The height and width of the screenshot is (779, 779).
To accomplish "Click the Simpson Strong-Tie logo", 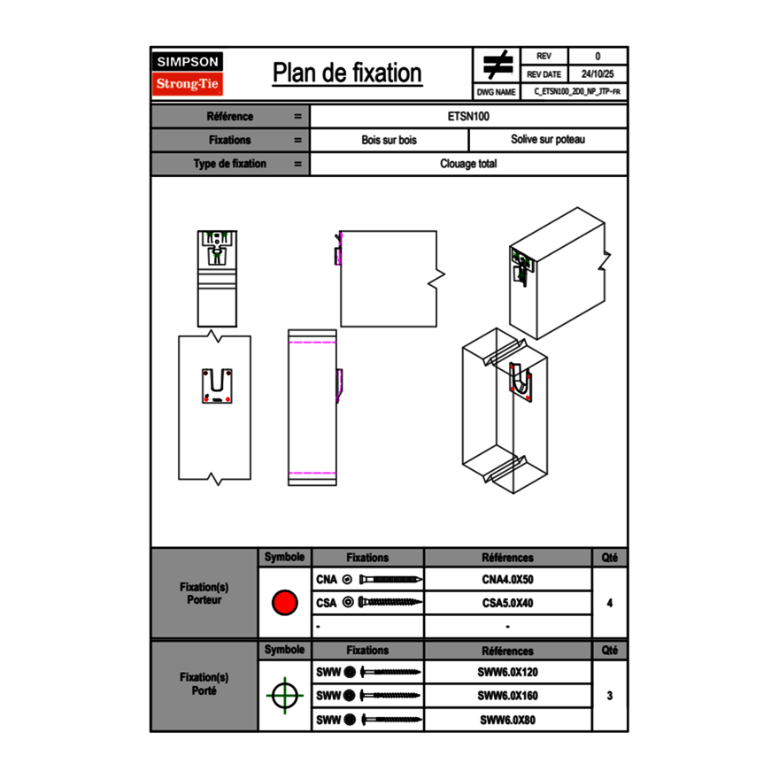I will (x=189, y=73).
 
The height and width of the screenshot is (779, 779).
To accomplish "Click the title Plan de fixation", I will (x=347, y=73).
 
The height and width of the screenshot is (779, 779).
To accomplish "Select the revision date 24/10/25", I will (x=598, y=74).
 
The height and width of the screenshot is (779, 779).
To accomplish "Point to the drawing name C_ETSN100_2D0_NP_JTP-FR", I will (x=576, y=92).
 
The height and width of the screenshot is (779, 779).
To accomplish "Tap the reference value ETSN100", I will (x=469, y=116).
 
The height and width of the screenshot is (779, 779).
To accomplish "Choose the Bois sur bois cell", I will (x=389, y=140).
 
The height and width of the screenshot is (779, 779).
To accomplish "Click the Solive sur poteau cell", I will (x=548, y=140).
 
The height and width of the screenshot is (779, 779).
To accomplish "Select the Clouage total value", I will (x=468, y=164).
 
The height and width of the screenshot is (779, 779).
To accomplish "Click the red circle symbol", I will (x=284, y=603).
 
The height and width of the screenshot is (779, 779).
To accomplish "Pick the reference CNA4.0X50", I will (x=507, y=580).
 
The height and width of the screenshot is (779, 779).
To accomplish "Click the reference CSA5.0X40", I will (x=507, y=603).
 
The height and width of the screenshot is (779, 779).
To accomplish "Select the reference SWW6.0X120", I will (x=507, y=673).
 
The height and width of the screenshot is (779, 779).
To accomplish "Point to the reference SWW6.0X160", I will (x=507, y=696).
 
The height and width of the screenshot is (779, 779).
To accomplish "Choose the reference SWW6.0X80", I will (x=507, y=720).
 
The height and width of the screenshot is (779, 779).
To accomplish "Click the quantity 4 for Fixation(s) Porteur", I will (x=610, y=603).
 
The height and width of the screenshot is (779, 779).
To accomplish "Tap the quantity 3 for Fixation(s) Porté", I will (x=610, y=696).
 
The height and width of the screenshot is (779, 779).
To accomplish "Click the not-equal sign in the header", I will (x=498, y=66).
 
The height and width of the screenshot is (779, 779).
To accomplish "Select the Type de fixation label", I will (x=229, y=164).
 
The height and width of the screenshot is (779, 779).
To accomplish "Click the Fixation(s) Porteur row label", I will (x=204, y=593).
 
